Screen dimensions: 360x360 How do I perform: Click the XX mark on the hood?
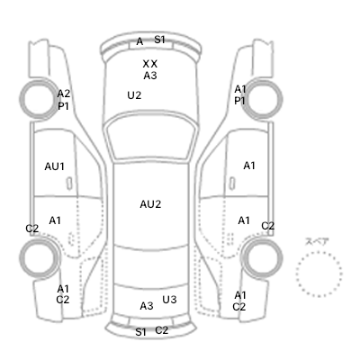tap(150, 64)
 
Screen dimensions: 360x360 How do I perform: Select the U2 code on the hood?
tap(134, 95)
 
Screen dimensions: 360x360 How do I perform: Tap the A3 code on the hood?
tap(150, 76)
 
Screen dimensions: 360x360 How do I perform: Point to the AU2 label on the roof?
tap(150, 204)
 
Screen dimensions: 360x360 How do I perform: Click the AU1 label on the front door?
tap(55, 166)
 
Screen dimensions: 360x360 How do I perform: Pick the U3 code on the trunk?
tap(169, 300)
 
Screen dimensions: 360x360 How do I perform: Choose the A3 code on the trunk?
tap(147, 306)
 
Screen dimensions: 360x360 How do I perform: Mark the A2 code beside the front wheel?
tap(64, 94)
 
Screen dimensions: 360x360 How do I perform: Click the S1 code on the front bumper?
tap(159, 40)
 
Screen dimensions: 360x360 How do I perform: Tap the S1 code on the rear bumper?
tap(140, 332)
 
